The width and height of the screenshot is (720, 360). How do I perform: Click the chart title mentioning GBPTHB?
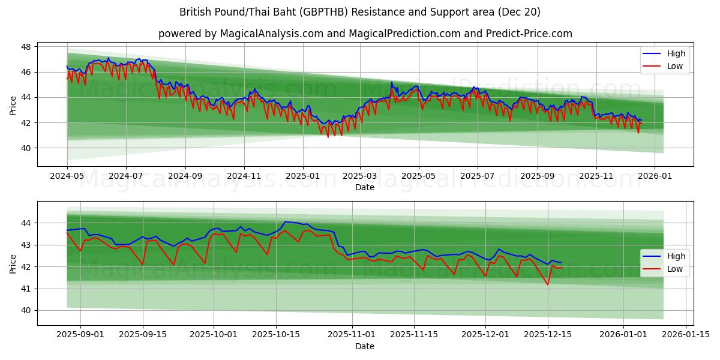coord(359,12)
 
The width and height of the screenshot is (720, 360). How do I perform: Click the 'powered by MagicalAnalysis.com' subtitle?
coord(365,34)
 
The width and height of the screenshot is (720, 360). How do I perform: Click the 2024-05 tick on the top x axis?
coord(67,176)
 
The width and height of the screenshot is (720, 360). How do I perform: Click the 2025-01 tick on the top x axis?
coord(302,176)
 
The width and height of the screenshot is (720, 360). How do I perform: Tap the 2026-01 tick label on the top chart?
coord(654,176)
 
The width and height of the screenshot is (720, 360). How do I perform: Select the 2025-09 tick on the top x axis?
coord(537,176)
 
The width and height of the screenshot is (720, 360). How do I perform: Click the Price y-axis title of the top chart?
coord(13,106)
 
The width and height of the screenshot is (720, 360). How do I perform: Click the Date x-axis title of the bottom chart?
coord(365,346)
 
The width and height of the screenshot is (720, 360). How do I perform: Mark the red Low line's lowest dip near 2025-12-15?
coord(547,284)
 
